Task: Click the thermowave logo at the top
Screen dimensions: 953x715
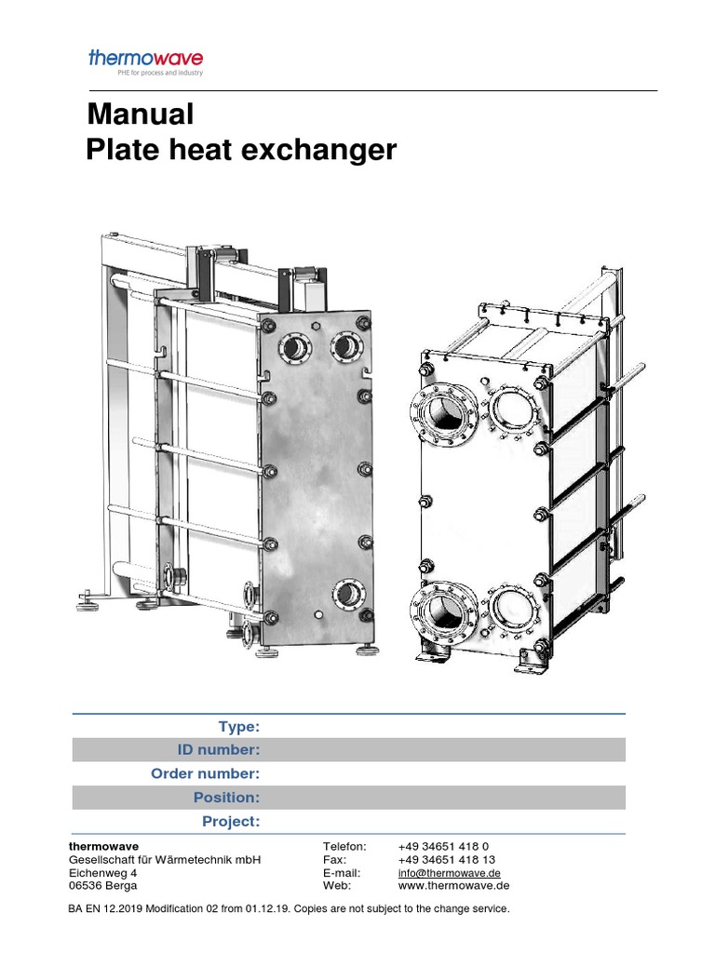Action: click(x=145, y=58)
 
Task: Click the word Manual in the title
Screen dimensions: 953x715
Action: click(x=141, y=114)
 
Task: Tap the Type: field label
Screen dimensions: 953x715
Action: click(x=238, y=727)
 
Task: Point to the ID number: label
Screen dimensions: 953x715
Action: click(x=218, y=750)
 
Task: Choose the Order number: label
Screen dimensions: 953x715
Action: click(x=205, y=773)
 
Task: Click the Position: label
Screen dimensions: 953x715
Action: click(x=226, y=798)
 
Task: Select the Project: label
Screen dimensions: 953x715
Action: click(x=231, y=821)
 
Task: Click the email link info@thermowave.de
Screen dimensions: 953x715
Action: click(x=450, y=873)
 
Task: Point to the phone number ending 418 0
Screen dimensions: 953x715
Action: click(x=443, y=846)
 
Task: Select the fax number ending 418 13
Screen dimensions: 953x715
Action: click(x=446, y=860)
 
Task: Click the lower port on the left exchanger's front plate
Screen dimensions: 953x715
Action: click(x=345, y=591)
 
